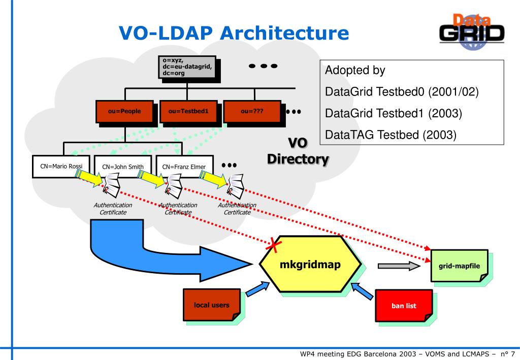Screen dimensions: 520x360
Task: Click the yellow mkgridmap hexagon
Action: coord(310,264)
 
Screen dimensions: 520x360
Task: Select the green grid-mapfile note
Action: coord(459,266)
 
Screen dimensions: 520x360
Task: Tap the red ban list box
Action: coord(404,305)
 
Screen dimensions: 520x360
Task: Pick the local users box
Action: coord(212,305)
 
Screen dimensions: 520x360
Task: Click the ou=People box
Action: coord(125,111)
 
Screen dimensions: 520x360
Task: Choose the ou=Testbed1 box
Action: coord(188,111)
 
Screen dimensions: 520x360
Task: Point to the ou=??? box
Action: coord(252,111)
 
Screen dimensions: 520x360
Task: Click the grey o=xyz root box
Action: coord(187,67)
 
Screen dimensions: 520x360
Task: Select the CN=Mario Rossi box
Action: coord(61,167)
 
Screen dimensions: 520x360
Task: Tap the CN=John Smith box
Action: coord(123,167)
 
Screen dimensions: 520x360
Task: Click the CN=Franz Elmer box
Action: coord(184,167)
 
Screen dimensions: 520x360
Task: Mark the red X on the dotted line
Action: coord(274,245)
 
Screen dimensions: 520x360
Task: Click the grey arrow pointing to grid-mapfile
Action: coord(399,266)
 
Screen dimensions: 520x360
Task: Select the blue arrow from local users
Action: coord(257,288)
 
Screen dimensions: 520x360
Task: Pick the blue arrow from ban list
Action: coord(362,291)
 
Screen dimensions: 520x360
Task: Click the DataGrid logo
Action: coord(472,32)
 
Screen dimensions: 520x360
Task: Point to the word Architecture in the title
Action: coord(284,33)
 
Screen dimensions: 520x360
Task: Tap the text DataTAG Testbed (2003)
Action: coord(391,135)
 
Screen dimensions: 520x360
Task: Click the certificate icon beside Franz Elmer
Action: coord(235,186)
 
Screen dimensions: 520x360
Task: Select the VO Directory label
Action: coord(298,151)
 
